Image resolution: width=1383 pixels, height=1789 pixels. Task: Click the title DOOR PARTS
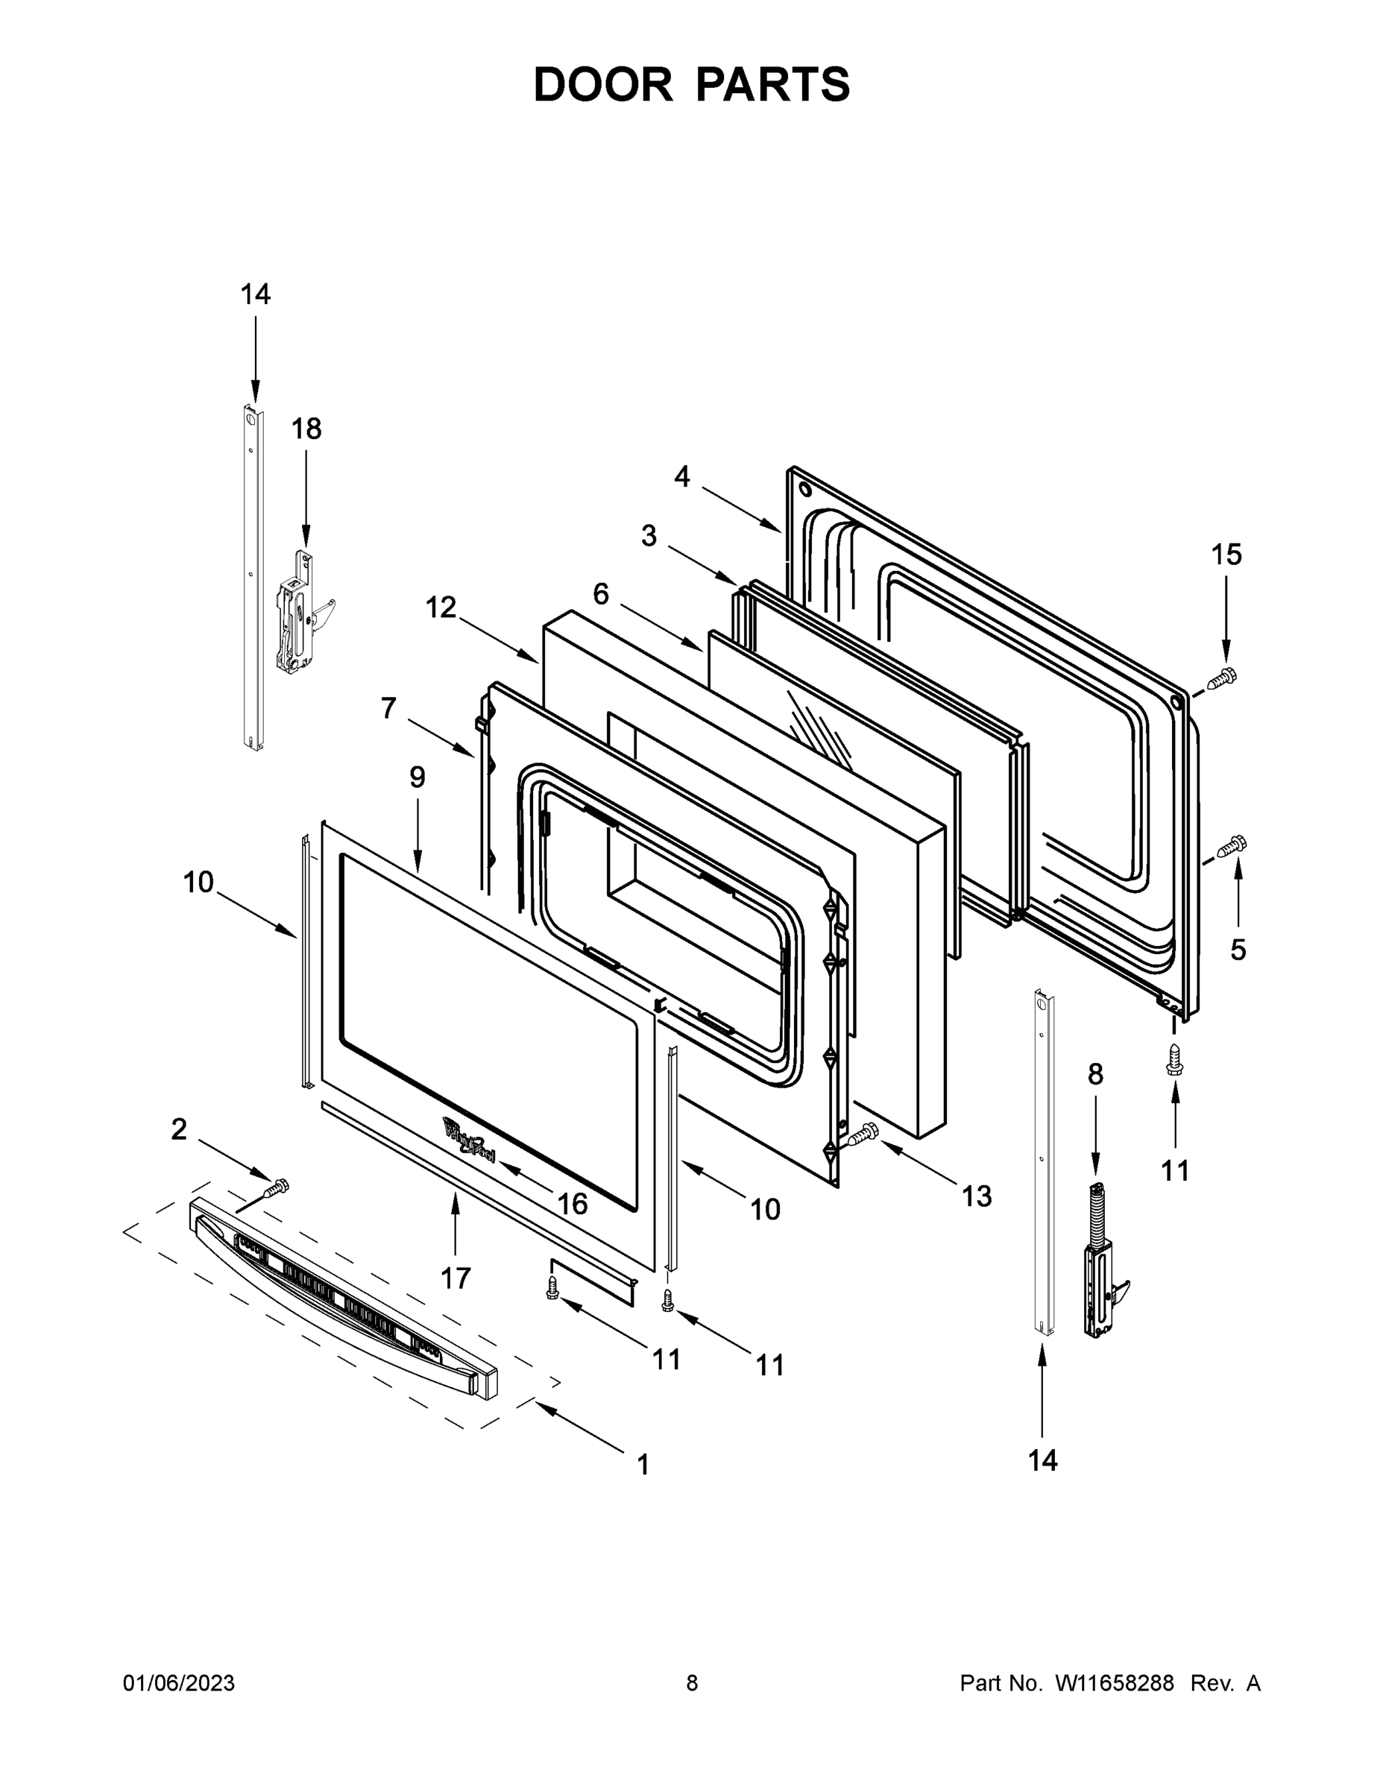click(692, 84)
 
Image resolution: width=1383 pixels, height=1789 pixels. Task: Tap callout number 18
click(306, 429)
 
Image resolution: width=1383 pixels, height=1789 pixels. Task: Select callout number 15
click(1226, 555)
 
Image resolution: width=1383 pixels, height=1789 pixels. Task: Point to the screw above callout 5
click(1232, 845)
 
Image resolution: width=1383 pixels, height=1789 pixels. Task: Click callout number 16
click(572, 1203)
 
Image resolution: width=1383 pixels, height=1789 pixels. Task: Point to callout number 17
click(456, 1277)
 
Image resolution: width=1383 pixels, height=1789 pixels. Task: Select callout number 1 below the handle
click(643, 1465)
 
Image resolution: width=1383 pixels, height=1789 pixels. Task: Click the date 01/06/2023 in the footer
click(179, 1682)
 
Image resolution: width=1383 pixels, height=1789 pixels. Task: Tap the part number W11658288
click(1115, 1682)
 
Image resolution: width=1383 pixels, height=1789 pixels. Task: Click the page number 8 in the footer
click(692, 1682)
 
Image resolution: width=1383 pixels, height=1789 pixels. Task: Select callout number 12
click(441, 608)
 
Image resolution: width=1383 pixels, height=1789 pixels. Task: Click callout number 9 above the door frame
click(418, 777)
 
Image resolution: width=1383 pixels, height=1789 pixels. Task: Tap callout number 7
click(388, 707)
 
